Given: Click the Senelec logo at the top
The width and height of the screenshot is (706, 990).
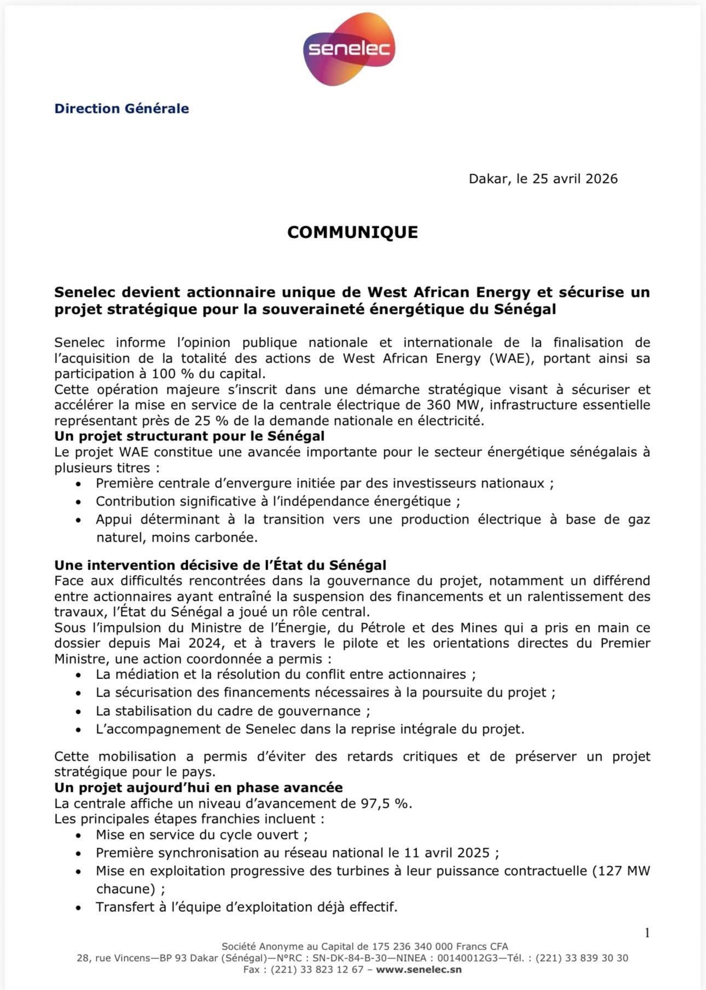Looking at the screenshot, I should (x=349, y=49).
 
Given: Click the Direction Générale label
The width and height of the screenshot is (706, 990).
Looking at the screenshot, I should (x=121, y=108).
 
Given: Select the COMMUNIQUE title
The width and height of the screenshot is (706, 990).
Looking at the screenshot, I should (x=352, y=232).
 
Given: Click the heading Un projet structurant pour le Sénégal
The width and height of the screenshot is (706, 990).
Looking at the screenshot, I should (x=189, y=436).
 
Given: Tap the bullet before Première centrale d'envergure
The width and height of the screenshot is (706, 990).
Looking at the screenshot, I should (x=79, y=484).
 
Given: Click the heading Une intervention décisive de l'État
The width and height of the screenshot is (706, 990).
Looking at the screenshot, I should (x=220, y=565).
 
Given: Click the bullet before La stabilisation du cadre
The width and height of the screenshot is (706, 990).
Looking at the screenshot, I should (x=79, y=712).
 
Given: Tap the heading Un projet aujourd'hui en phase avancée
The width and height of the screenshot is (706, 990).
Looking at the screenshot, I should (x=198, y=788).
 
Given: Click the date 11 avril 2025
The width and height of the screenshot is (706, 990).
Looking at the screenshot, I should (x=447, y=853).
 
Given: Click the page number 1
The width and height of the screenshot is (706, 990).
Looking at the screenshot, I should (x=647, y=933).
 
